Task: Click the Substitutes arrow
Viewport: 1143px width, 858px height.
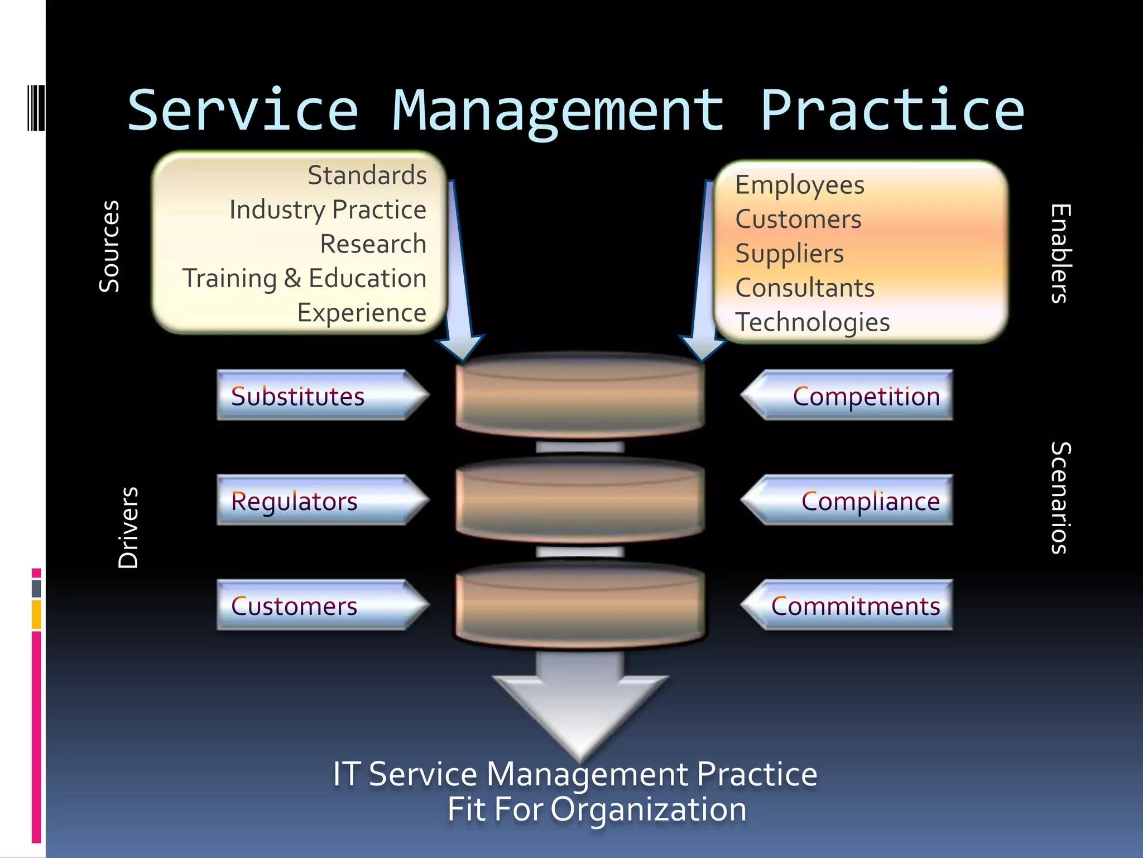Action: point(318,395)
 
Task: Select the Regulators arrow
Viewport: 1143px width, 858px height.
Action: point(318,500)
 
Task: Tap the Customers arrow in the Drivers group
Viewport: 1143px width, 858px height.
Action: point(318,606)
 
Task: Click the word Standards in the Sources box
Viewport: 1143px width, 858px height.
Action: point(367,175)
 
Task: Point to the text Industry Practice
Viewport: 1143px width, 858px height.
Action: point(328,210)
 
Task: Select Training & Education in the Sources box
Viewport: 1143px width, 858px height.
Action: point(304,278)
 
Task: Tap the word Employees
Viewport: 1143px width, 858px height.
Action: point(799,185)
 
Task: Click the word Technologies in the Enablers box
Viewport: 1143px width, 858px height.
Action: point(812,322)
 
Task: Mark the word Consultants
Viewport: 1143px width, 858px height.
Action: point(804,288)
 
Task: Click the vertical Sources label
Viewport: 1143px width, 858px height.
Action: point(109,246)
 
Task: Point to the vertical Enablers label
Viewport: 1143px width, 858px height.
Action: point(1060,253)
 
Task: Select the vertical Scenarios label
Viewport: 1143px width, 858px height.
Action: point(1060,498)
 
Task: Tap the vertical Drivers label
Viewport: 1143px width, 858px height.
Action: point(128,528)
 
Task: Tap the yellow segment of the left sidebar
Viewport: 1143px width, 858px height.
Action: point(36,614)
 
